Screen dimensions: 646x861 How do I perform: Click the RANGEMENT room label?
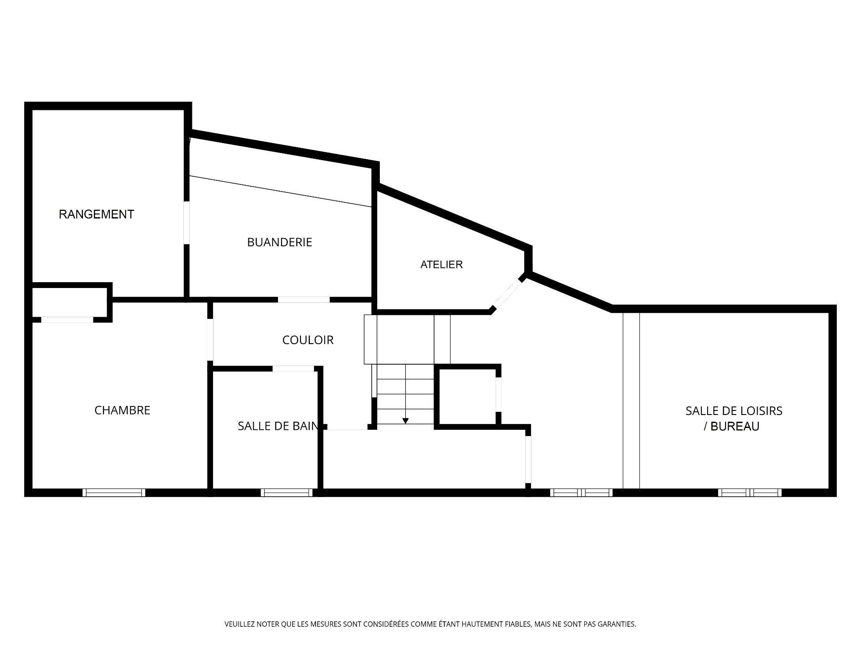(x=96, y=214)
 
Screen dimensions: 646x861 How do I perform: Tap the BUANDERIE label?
(x=279, y=242)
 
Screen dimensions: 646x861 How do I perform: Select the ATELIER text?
(x=441, y=265)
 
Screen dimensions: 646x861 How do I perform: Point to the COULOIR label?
(x=308, y=340)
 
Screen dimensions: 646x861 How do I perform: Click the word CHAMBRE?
(x=122, y=410)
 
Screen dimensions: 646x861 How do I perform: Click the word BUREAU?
(x=735, y=427)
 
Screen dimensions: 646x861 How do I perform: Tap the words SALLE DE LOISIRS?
(x=734, y=411)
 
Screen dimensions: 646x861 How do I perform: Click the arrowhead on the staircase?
(x=405, y=421)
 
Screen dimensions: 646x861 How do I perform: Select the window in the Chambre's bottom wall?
(x=114, y=493)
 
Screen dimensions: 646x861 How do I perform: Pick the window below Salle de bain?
(x=287, y=493)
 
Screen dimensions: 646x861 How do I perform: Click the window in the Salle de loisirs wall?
(x=749, y=493)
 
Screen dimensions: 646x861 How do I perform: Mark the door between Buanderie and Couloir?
(x=304, y=300)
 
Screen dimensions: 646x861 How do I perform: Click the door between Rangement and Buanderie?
(x=187, y=223)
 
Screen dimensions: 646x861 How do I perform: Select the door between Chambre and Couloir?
(x=210, y=339)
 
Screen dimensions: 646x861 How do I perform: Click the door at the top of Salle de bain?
(x=293, y=369)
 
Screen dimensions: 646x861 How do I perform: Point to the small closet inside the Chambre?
(x=69, y=302)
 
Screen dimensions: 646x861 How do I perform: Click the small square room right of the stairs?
(x=467, y=396)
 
